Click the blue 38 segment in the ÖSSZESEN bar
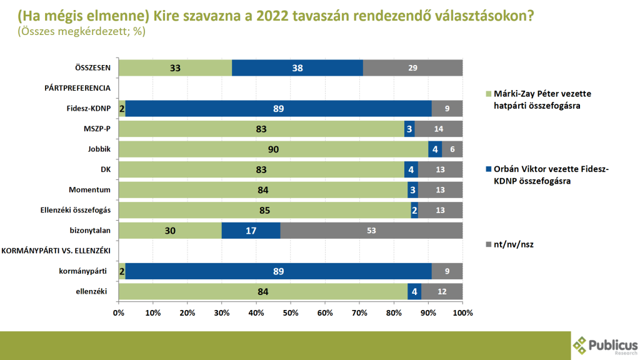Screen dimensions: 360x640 tap(297, 67)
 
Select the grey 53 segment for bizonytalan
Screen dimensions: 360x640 tap(371, 231)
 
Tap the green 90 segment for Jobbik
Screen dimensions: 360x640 tap(273, 149)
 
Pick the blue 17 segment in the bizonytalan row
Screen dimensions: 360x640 tap(250, 231)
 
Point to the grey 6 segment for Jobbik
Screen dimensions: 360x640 tap(452, 149)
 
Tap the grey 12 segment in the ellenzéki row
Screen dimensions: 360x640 tap(441, 292)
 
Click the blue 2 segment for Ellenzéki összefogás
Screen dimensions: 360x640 tap(414, 211)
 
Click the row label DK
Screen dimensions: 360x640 tap(105, 170)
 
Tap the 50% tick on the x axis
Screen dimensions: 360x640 tap(291, 312)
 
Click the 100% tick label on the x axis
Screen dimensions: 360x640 tap(462, 312)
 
